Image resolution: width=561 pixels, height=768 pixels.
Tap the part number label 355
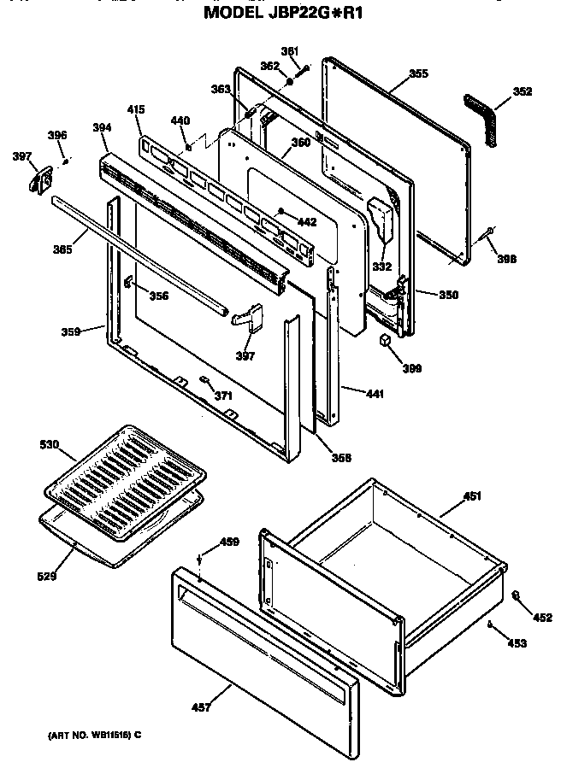417,73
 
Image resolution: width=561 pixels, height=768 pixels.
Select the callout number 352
521,91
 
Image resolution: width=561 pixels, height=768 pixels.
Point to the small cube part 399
387,340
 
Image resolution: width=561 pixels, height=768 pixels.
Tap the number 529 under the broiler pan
46,577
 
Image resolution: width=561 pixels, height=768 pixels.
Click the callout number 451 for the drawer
472,495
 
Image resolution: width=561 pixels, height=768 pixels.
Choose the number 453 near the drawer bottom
516,642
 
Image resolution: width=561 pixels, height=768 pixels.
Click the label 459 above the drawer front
229,542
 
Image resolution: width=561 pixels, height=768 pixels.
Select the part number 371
223,396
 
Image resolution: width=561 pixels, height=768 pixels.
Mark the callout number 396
56,135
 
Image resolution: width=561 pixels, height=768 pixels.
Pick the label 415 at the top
136,109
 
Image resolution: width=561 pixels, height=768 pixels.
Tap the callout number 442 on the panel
305,221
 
